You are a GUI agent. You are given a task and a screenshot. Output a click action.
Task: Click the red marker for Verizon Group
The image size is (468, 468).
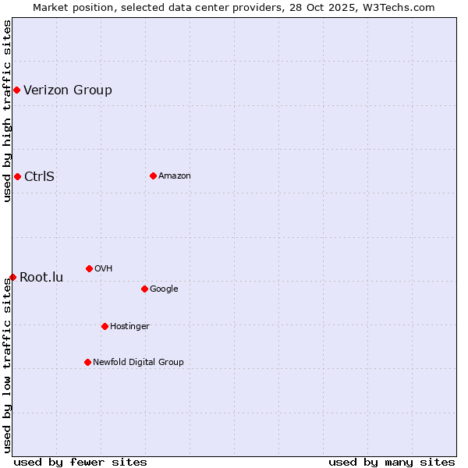[16, 90]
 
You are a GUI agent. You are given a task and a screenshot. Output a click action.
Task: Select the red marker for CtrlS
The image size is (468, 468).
[17, 176]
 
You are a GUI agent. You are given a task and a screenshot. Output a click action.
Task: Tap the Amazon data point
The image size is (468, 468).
[153, 175]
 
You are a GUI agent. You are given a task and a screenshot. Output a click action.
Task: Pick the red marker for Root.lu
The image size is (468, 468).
[12, 277]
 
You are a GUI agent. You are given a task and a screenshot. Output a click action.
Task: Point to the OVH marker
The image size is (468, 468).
[89, 268]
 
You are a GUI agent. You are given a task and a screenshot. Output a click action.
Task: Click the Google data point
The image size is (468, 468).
[144, 289]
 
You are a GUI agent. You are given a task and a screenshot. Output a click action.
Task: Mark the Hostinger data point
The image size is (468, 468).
[105, 326]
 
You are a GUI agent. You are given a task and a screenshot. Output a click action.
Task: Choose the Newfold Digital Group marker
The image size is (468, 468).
[87, 362]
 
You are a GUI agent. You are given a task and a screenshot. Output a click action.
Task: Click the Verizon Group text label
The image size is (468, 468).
[68, 90]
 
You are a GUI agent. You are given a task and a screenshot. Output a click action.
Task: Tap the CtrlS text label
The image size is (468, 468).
[39, 176]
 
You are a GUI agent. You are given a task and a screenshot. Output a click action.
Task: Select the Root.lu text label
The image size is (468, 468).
[41, 277]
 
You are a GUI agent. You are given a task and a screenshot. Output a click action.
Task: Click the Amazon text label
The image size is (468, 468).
[175, 175]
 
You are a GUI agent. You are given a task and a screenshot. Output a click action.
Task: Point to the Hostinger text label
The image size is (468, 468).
[129, 326]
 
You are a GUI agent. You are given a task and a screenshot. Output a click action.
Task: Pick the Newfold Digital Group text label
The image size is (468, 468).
[138, 362]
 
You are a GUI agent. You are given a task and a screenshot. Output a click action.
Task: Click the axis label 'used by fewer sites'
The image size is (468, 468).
[80, 462]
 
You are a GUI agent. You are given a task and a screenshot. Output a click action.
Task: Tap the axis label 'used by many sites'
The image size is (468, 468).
[392, 462]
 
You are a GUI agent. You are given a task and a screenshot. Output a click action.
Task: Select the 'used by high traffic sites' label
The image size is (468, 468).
[7, 111]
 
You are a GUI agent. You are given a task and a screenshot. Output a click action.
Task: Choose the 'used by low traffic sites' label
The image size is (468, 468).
[7, 365]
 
